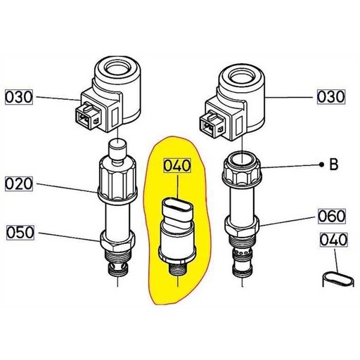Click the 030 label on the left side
20,96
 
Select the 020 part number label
20,185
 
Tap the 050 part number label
20,232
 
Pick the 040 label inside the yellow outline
177,167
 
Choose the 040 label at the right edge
333,240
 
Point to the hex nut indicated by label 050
116,245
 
